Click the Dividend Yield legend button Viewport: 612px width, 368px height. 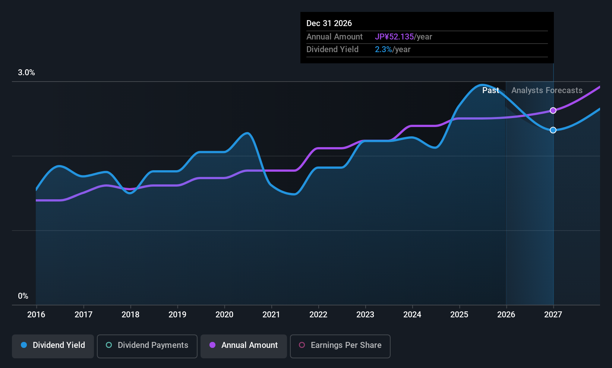[x=53, y=346]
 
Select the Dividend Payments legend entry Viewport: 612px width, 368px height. [x=147, y=346]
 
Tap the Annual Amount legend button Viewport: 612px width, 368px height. [x=244, y=346]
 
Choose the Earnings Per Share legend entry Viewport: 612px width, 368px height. [x=340, y=346]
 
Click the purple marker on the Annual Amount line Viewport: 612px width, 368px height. [x=553, y=111]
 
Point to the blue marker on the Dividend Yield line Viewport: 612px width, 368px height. [x=553, y=130]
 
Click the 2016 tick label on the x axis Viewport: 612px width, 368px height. [x=36, y=314]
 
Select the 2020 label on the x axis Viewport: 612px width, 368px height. [x=224, y=314]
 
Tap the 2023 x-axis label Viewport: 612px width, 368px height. [x=365, y=314]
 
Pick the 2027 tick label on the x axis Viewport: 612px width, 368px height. [x=553, y=314]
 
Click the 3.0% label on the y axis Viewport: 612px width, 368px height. [x=26, y=73]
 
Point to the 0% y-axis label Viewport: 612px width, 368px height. [x=23, y=296]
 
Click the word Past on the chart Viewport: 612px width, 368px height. [x=491, y=91]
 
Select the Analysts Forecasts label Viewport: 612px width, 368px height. [x=547, y=91]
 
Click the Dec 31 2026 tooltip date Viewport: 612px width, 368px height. [x=329, y=23]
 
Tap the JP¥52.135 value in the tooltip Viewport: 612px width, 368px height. [x=394, y=37]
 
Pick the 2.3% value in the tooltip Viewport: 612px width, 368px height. [x=383, y=50]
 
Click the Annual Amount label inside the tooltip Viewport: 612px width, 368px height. [x=334, y=37]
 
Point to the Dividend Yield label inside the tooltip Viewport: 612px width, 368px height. [x=332, y=50]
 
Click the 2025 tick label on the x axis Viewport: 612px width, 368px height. [x=459, y=314]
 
